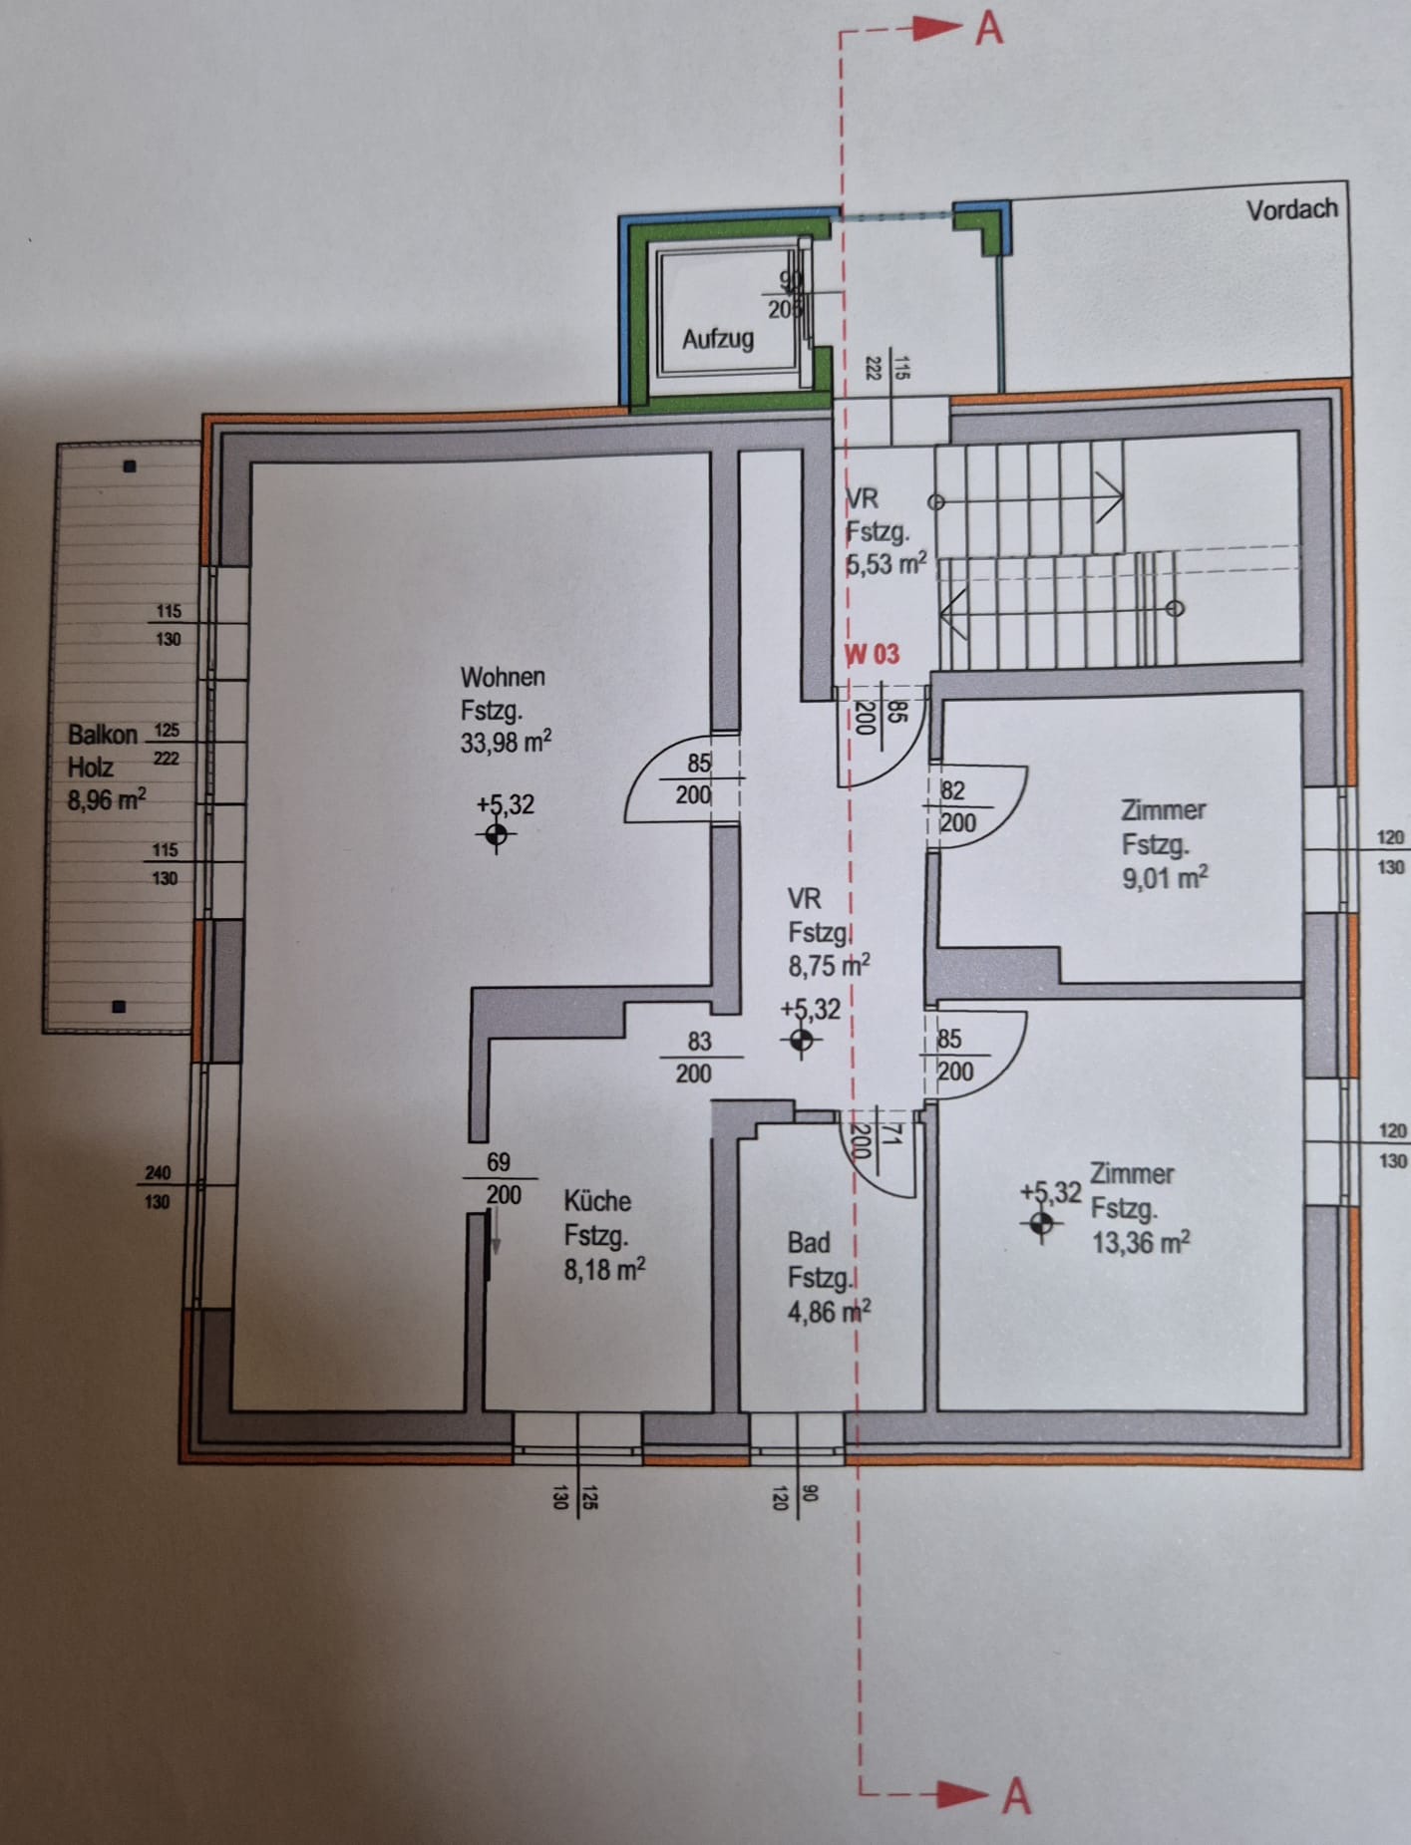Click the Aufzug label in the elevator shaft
point(717,339)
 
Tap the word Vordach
point(1291,209)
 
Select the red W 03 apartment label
point(873,654)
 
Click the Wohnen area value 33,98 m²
point(506,743)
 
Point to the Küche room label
point(597,1200)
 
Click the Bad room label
point(809,1243)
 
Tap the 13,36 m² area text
point(1141,1243)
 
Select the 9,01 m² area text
point(1165,878)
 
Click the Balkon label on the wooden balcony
point(102,736)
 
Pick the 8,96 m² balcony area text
point(107,799)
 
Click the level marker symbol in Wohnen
point(496,834)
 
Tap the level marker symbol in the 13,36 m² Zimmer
point(1041,1223)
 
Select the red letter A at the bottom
point(1015,1795)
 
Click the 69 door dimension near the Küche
point(499,1162)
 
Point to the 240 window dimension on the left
point(158,1173)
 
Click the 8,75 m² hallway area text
point(829,966)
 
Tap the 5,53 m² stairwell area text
point(886,564)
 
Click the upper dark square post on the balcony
point(129,466)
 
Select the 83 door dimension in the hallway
point(699,1042)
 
